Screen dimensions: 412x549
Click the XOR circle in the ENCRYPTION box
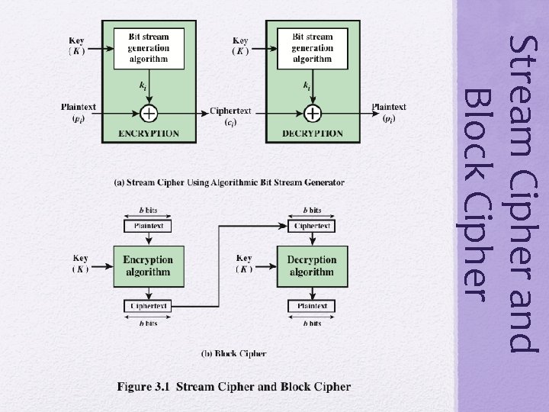[149, 113]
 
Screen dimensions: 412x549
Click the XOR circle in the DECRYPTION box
[313, 113]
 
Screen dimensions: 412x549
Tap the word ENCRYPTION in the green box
[149, 134]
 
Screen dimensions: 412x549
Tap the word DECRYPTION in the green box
[313, 134]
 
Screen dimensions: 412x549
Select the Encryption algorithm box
[148, 266]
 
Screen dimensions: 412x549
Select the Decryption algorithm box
[312, 266]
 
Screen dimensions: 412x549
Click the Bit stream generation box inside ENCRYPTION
[149, 48]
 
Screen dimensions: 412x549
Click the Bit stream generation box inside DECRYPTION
[312, 48]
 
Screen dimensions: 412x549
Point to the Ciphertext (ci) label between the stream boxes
[230, 117]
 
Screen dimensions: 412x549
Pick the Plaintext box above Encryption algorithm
[148, 226]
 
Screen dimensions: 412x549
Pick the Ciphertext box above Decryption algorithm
[312, 226]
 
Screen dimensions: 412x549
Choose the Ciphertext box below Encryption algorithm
[148, 306]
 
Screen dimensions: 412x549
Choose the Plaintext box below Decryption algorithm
[312, 306]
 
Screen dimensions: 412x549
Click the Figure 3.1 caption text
[234, 387]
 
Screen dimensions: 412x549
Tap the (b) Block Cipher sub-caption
[234, 353]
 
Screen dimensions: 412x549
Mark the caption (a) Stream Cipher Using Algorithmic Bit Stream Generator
[229, 182]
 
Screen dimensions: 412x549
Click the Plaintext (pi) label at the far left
[79, 113]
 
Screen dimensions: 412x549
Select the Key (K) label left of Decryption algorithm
[244, 263]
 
